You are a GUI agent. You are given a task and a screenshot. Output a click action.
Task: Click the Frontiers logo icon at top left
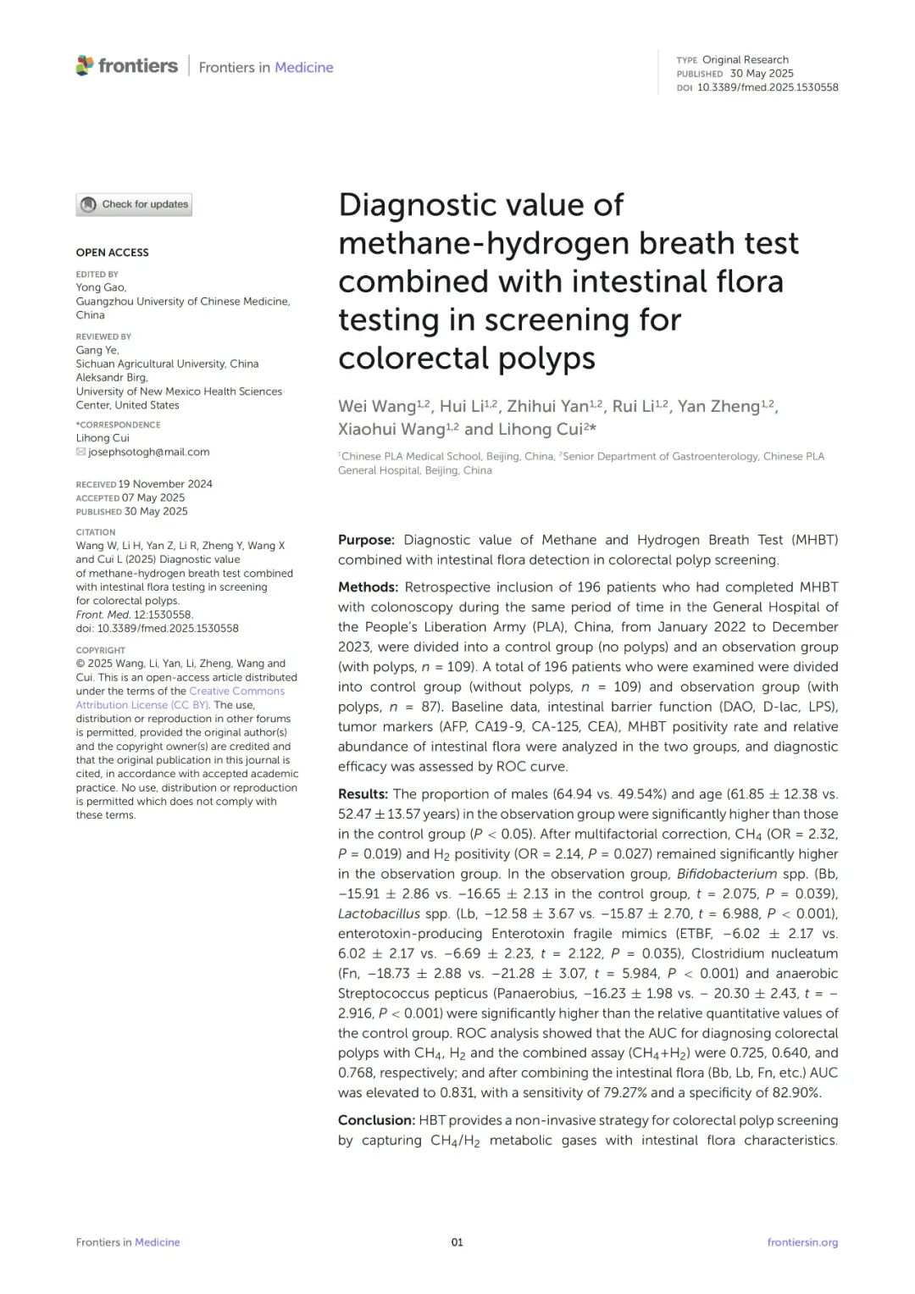[x=85, y=65]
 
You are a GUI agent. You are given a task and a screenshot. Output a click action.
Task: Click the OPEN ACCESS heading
[x=112, y=253]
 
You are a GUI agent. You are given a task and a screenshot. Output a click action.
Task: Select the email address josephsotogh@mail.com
[x=149, y=453]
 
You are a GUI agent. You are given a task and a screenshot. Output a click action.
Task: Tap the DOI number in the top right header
[x=768, y=87]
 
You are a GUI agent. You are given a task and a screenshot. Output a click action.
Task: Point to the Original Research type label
[x=745, y=59]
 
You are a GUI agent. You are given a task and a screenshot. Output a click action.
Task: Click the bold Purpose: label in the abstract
[x=366, y=540]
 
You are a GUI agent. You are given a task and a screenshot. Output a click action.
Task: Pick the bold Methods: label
[x=368, y=587]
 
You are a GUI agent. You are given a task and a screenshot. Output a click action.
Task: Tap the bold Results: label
[x=363, y=794]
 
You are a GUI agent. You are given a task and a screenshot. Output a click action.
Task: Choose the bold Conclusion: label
[x=376, y=1120]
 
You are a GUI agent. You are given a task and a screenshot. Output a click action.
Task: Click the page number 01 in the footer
[x=457, y=1242]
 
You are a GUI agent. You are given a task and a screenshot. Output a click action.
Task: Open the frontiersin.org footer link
[x=802, y=1242]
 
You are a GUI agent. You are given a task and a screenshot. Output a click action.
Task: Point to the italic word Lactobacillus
[x=379, y=914]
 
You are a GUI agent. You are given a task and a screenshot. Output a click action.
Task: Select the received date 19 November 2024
[x=165, y=484]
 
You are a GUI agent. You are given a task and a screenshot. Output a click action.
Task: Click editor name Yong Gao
[x=101, y=287]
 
